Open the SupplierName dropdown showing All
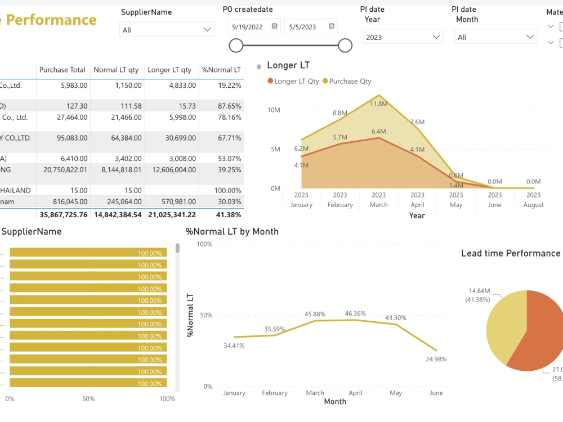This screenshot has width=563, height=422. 167,30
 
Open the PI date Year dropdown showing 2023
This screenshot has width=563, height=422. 403,37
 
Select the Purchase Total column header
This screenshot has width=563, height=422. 62,70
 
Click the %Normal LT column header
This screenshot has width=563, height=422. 221,70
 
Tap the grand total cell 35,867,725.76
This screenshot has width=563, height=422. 62,214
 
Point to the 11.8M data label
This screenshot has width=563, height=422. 379,104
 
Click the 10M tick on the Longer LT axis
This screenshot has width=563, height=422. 274,110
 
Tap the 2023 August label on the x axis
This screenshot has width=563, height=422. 533,200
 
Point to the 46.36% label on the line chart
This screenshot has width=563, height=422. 355,313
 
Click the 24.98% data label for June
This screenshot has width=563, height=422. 436,359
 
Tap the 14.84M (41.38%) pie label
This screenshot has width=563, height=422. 479,296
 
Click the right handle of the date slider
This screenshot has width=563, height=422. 345,45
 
